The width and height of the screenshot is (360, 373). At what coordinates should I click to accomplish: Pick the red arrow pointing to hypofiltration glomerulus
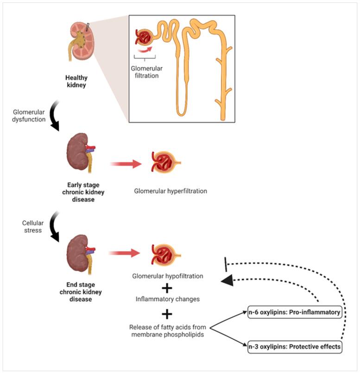(x=125, y=253)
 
